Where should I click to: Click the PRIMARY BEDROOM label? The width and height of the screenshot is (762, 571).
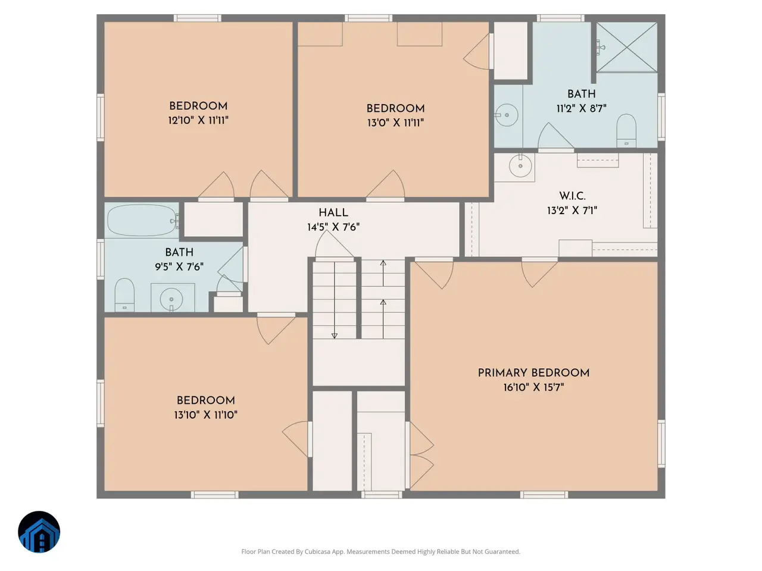tap(533, 373)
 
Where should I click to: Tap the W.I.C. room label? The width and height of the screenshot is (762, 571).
tap(572, 196)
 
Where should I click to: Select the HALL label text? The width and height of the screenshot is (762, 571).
tap(333, 213)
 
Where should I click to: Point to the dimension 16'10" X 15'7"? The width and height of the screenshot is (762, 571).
tap(533, 387)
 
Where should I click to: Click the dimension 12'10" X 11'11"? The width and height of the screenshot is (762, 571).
tap(198, 120)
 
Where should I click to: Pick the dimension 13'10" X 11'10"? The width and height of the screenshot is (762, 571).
tap(206, 415)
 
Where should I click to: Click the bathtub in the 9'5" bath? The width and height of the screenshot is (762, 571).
tap(142, 220)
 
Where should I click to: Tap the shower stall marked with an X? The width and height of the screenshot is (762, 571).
tap(627, 47)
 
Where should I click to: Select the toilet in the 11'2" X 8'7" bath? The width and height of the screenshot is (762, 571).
tap(626, 131)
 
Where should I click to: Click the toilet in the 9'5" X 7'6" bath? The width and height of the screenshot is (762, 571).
tap(124, 294)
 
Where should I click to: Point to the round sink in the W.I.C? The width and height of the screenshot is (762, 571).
tap(520, 166)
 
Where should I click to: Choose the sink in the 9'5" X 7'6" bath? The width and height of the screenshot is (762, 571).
tap(171, 299)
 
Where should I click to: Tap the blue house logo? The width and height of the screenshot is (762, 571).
tap(39, 532)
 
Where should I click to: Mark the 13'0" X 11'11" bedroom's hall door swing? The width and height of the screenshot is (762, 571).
tap(386, 184)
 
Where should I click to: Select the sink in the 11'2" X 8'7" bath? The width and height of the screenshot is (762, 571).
tap(507, 115)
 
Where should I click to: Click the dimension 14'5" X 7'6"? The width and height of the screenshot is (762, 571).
tap(333, 227)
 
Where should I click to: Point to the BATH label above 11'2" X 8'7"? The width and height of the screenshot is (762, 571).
tap(582, 94)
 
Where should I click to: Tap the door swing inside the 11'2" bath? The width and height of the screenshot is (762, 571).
tap(555, 136)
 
